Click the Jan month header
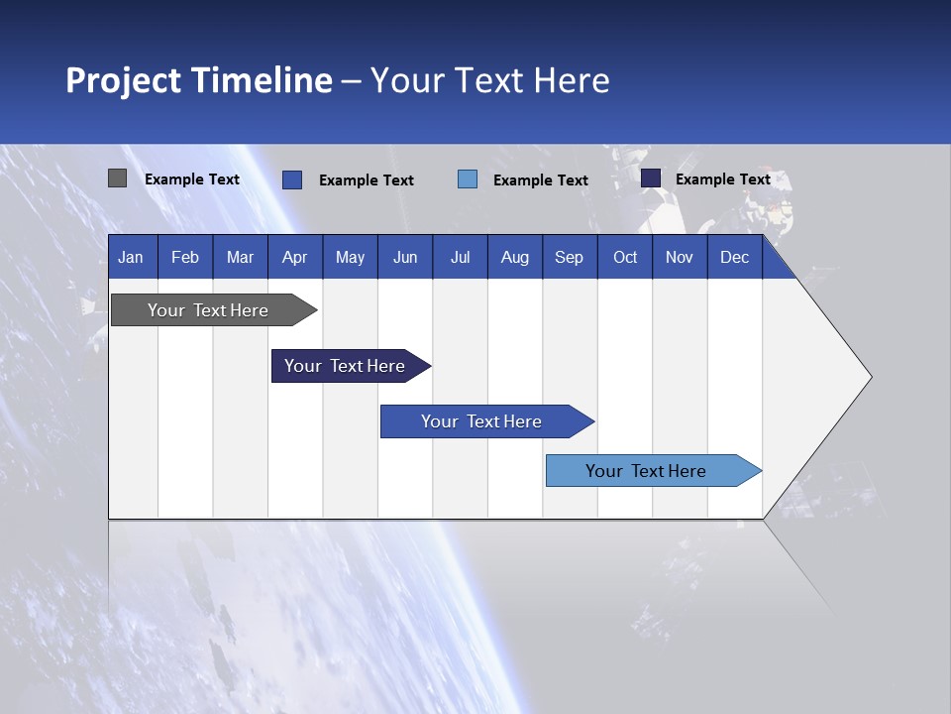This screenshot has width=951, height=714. [132, 257]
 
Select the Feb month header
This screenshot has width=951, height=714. [185, 257]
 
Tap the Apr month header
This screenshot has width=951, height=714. [295, 257]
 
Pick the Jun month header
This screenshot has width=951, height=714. [405, 257]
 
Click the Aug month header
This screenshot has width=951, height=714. [515, 257]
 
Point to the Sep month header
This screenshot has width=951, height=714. [570, 257]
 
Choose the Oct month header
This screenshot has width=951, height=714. [625, 257]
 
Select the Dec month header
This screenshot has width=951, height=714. [735, 257]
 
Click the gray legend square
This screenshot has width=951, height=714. [118, 178]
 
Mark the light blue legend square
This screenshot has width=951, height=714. [468, 179]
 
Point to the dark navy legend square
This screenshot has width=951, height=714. [651, 178]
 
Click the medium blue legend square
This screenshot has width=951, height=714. [292, 179]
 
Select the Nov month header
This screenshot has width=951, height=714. [680, 257]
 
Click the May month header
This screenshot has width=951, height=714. [350, 257]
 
